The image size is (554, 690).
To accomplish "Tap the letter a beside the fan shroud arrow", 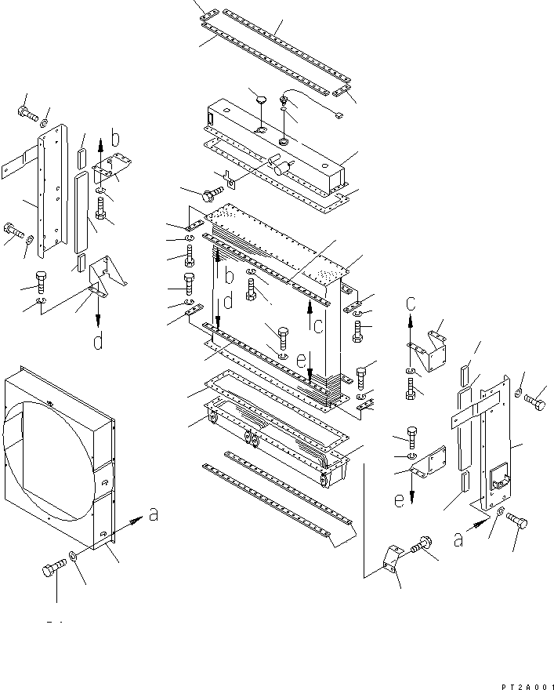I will [153, 514].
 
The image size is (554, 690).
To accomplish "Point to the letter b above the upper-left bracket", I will [115, 140].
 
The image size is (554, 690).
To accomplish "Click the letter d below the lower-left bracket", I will [96, 342].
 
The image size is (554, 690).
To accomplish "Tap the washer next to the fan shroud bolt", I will [72, 556].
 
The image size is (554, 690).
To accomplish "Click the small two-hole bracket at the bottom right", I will [390, 559].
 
